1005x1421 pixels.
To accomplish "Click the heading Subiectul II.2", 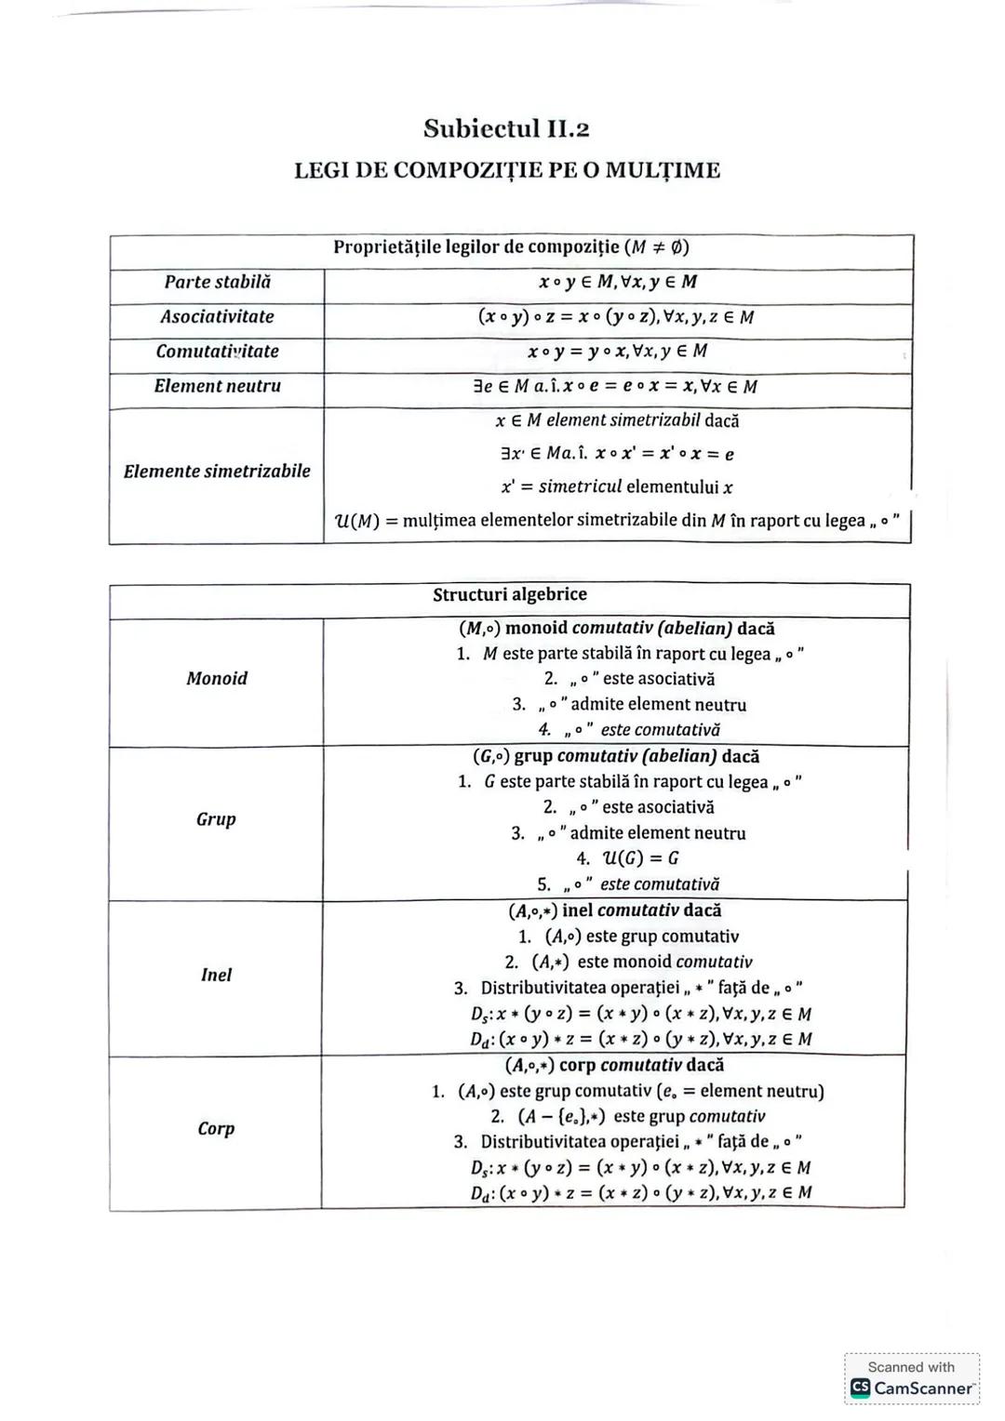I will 506,128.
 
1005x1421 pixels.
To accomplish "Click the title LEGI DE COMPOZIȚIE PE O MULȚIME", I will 507,170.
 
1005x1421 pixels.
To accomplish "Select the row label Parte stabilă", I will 217,282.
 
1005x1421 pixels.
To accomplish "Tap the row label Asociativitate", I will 217,317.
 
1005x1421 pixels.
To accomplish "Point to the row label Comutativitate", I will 217,352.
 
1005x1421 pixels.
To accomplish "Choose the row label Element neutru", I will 217,386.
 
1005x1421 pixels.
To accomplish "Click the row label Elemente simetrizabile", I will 217,471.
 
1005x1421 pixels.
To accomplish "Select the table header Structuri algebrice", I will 509,595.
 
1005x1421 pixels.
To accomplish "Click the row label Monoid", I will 217,679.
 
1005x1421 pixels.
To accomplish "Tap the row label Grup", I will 216,819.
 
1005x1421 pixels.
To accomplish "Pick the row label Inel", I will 216,975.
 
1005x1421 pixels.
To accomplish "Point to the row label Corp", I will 216,1129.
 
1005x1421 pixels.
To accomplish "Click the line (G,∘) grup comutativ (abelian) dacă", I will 616,756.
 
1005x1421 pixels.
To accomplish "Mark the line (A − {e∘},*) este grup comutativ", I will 628,1116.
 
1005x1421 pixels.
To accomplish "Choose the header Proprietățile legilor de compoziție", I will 511,247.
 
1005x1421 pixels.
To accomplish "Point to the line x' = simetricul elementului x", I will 616,487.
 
